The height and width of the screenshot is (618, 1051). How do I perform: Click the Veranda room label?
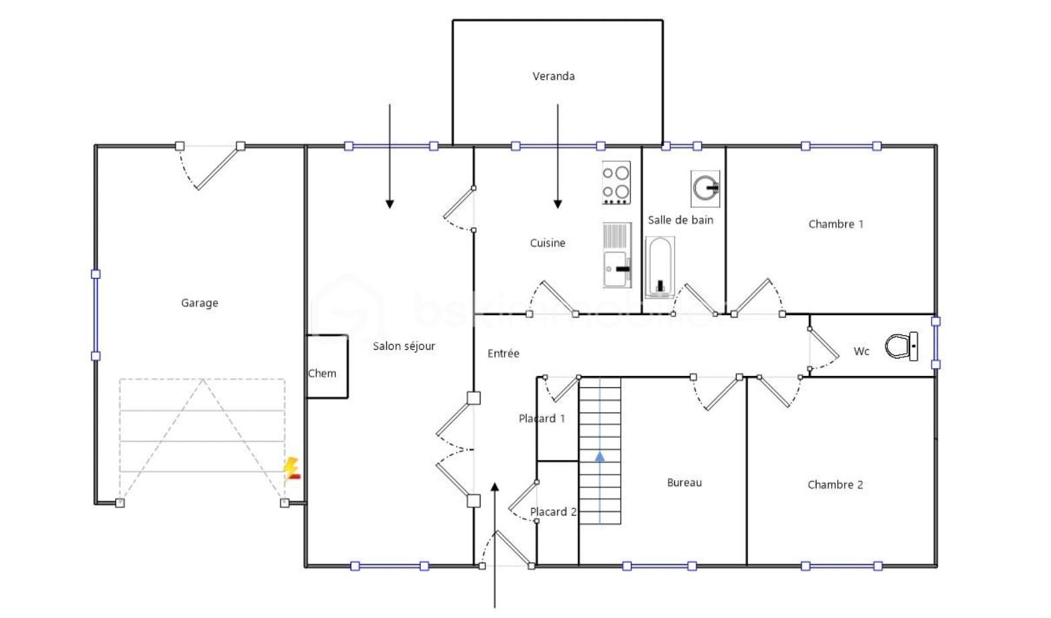(x=553, y=76)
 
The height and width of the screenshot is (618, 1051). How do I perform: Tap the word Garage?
(x=199, y=303)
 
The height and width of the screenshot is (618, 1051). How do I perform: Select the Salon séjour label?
(x=404, y=346)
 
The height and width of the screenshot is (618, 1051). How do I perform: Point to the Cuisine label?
(x=547, y=243)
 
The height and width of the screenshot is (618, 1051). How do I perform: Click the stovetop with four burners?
(x=616, y=183)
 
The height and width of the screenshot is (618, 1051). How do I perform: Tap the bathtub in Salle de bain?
(x=660, y=267)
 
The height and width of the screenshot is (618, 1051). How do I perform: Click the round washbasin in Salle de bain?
(x=705, y=188)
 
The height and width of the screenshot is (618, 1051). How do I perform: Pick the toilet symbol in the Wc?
(x=900, y=346)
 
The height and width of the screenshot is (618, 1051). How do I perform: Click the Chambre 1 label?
(x=835, y=225)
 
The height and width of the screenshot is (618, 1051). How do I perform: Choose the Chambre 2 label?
(x=834, y=485)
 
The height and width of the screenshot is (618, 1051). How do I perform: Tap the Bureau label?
(x=684, y=483)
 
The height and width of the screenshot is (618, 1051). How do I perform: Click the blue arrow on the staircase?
(x=600, y=456)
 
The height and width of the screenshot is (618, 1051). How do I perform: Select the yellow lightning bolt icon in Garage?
(x=291, y=468)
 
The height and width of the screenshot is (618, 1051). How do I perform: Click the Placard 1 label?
(x=542, y=418)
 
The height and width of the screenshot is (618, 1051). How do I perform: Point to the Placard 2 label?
(x=553, y=512)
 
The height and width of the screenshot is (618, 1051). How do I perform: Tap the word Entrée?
(x=503, y=353)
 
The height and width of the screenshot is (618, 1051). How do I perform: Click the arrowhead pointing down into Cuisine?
(x=558, y=204)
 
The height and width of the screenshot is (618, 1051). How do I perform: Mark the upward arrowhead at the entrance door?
(x=495, y=487)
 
